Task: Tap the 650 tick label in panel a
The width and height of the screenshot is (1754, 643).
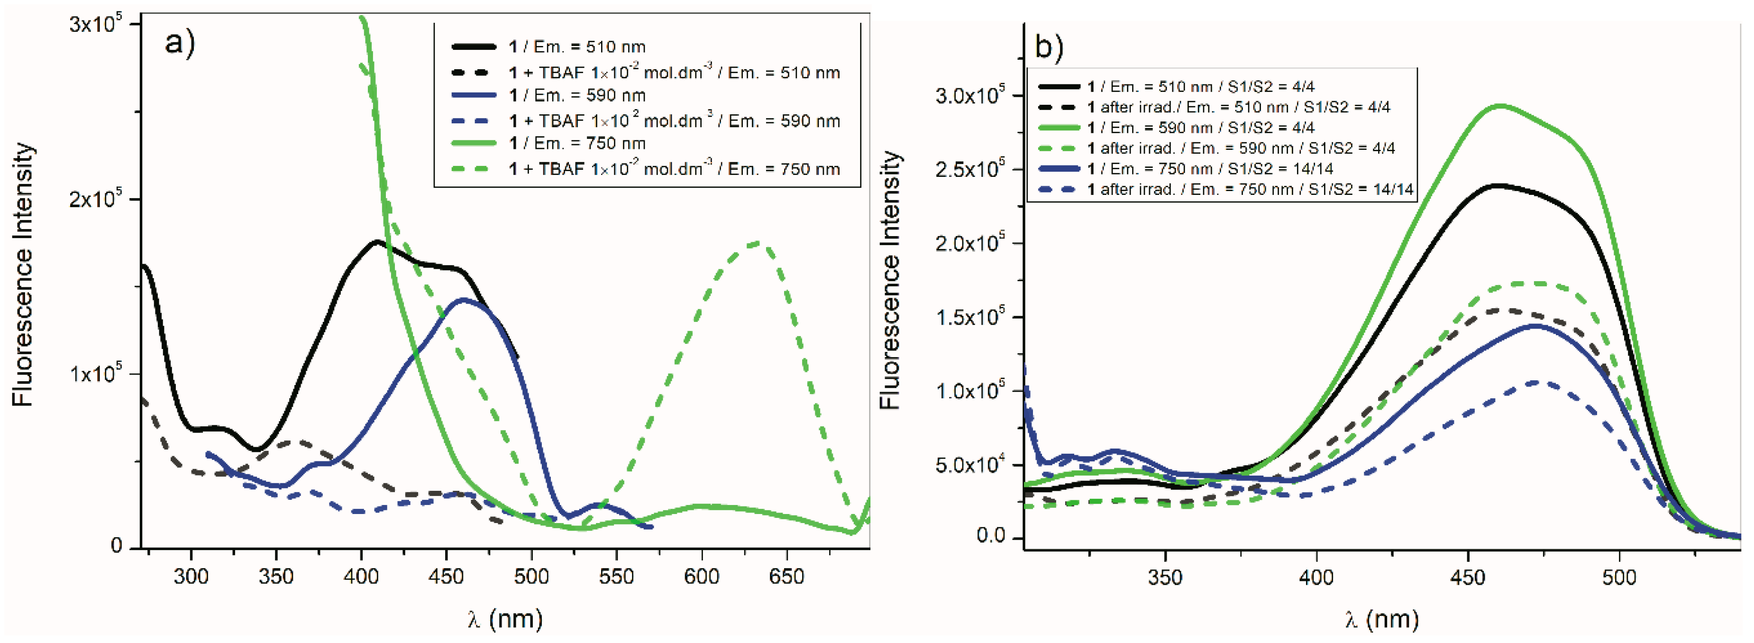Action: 786,577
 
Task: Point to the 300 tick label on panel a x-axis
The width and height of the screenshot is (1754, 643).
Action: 192,577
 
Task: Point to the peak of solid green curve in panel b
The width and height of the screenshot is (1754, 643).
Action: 1498,106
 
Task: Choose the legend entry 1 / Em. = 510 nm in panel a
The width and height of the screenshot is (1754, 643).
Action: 577,47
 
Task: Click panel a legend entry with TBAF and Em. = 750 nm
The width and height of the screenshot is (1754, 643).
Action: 674,169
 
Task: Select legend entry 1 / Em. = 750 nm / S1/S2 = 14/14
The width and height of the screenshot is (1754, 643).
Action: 1210,169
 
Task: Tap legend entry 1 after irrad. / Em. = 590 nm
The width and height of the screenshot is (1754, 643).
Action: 1241,148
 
